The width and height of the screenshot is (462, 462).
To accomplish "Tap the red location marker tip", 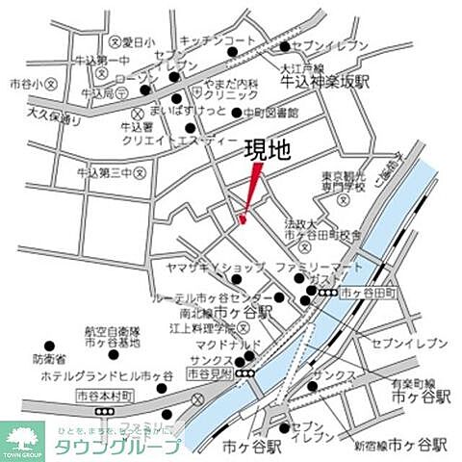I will (x=243, y=221).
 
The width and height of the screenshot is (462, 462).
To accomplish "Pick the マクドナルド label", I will (x=205, y=342).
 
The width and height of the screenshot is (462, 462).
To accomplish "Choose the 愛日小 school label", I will (x=140, y=42).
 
